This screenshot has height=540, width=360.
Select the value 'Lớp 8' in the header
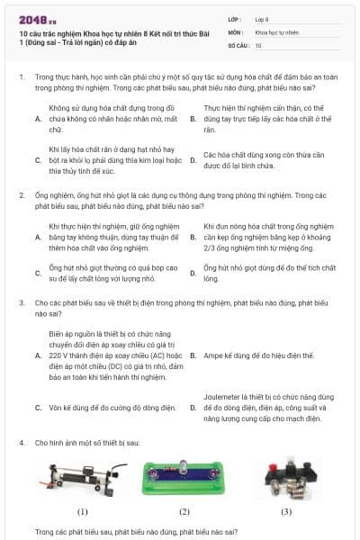[x=265, y=18]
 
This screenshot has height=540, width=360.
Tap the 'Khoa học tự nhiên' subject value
[x=275, y=31]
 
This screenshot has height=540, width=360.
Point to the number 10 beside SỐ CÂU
[x=258, y=44]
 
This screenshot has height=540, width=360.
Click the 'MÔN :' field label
[x=236, y=31]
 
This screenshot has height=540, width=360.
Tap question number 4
[x=21, y=444]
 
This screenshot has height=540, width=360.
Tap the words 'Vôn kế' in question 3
[x=61, y=408]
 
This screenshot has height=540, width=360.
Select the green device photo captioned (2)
[x=184, y=476]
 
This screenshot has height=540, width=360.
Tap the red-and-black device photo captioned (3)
[x=287, y=476]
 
